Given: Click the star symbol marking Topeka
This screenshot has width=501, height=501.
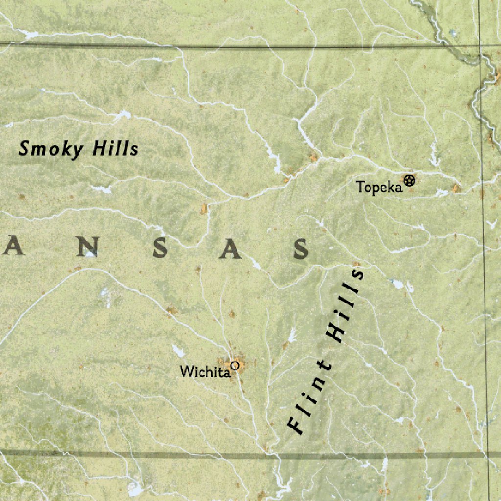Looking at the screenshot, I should [x=410, y=181].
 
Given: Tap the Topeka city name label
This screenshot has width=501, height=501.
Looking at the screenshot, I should [x=379, y=187].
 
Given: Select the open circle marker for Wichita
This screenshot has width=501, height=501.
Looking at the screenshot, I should [x=235, y=365].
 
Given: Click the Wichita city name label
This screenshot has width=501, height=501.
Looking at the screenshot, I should [x=205, y=372].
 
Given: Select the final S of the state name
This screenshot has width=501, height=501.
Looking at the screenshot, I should [x=301, y=250].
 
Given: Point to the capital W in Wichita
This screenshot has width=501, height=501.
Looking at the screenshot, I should [x=186, y=372].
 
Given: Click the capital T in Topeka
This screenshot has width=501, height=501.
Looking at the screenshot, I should [x=360, y=186].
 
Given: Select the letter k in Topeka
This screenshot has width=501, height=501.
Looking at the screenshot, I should [x=389, y=186].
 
